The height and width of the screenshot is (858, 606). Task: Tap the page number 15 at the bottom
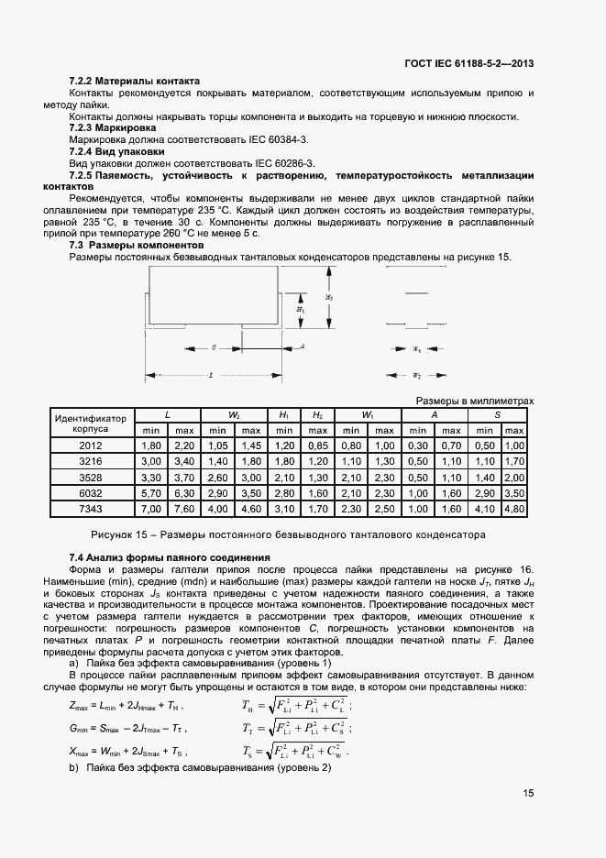click(x=529, y=794)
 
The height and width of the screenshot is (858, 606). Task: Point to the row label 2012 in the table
click(x=91, y=445)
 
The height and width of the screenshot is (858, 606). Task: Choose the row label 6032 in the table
click(x=91, y=491)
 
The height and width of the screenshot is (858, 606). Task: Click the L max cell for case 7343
click(x=183, y=507)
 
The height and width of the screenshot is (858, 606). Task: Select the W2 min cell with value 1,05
click(x=217, y=445)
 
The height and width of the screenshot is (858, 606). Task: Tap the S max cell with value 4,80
click(x=513, y=507)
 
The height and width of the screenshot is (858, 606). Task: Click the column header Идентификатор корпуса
click(x=91, y=422)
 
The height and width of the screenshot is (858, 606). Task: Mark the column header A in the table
click(x=434, y=414)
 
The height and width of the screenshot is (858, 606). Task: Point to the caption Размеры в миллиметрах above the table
click(x=474, y=401)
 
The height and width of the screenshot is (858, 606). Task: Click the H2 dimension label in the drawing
click(x=329, y=298)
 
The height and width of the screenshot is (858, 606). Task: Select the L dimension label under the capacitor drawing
click(x=211, y=375)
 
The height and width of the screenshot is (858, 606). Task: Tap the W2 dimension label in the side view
click(x=415, y=375)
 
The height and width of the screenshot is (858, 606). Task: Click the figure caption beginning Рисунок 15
click(x=287, y=533)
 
